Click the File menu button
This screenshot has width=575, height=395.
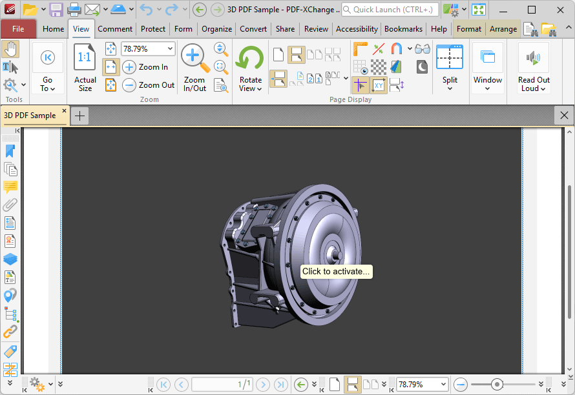pos(18,29)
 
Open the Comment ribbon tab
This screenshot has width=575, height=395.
pos(115,29)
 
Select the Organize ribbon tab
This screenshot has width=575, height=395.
pos(216,29)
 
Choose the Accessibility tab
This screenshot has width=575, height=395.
pos(357,29)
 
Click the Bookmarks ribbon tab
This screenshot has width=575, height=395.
pos(403,29)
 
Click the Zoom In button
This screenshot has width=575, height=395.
pos(146,67)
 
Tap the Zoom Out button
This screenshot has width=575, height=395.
pos(149,85)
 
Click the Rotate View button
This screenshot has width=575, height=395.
pos(250,68)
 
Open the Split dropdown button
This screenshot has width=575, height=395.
pos(450,68)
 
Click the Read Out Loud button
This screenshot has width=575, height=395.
pos(534,68)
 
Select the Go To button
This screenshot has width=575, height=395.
pos(48,68)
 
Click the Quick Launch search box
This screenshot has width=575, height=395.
pos(390,10)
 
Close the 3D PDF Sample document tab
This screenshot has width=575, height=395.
pos(64,112)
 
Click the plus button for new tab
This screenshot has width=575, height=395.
pos(80,116)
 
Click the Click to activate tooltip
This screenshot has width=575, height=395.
pos(336,272)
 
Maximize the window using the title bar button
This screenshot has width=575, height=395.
pos(532,10)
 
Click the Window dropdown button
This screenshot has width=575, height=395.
pos(488,68)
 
